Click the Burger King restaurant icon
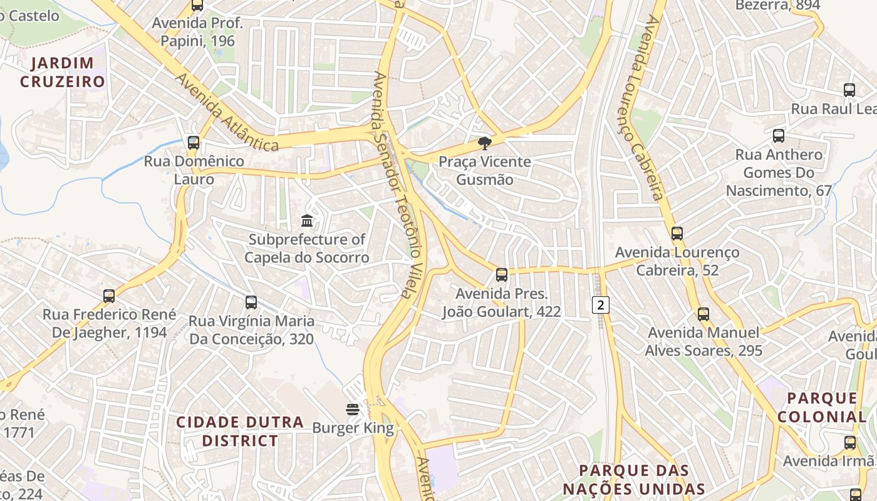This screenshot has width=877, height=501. pos(353,410)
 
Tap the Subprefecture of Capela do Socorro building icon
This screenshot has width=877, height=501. pos(307,221)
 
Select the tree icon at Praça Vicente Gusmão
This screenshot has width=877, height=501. pos(484,143)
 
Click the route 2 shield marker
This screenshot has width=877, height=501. pos(601,305)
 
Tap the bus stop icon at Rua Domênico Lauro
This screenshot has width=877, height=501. pos(194,143)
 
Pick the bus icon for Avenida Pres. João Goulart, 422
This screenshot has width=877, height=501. pos(501,275)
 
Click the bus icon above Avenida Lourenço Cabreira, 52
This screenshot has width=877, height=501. pos(677,234)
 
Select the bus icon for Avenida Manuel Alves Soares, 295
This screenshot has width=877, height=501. pos(703,314)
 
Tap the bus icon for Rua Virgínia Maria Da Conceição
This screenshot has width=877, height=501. pos(251,302)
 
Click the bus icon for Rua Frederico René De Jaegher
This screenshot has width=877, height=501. pos(109,296)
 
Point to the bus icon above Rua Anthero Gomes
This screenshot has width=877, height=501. pos(778,136)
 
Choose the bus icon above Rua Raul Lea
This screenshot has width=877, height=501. pos(849,90)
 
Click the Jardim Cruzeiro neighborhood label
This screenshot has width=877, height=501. pos(63,72)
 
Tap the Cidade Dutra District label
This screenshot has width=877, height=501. pos(239,431)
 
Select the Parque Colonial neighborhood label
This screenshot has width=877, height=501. pos(822,407)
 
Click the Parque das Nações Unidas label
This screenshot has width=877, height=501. pos(633,480)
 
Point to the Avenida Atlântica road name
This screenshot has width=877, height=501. pos(226,113)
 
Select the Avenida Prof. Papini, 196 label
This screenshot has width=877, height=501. pos(197,33)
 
